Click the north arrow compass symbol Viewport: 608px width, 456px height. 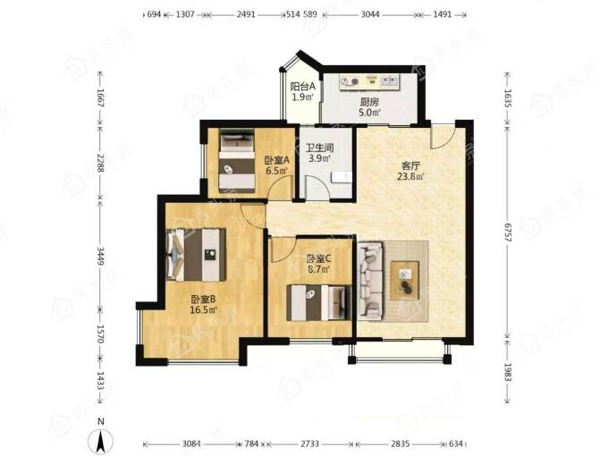point(100,441)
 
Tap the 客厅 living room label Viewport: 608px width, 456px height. point(410,166)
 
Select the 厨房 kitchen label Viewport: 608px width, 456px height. point(369,102)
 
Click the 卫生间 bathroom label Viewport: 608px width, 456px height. point(320,148)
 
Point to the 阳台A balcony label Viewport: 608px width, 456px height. point(303,86)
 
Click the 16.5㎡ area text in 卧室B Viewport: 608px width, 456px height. point(203,310)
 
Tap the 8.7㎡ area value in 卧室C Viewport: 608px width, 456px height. point(318,269)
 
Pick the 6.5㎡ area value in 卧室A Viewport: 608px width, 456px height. point(277,171)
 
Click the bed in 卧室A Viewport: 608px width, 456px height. point(237,161)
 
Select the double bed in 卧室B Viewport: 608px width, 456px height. point(196,255)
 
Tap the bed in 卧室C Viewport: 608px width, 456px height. point(318,303)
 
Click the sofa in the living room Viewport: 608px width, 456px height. point(371,281)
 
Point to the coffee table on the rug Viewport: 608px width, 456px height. point(405,281)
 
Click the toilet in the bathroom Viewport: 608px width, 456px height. point(342,178)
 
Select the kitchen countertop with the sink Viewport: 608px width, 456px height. point(369,82)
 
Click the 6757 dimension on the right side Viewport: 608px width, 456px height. point(508,232)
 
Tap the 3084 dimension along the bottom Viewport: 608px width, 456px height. point(191,443)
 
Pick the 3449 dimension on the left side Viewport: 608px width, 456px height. point(100,256)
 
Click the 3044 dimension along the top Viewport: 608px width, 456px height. point(370,14)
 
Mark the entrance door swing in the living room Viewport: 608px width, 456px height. point(443,137)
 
